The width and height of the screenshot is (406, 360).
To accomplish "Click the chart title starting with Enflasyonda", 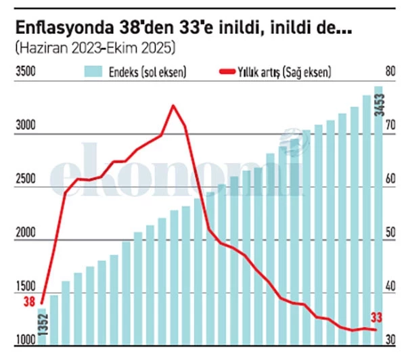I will (x=183, y=28).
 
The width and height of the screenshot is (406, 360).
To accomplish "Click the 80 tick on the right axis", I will (x=390, y=71).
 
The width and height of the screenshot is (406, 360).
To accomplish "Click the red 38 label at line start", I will (x=28, y=302).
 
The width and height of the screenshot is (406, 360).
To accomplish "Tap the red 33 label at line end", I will (x=376, y=317).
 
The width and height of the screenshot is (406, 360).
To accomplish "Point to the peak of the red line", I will (x=173, y=106).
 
